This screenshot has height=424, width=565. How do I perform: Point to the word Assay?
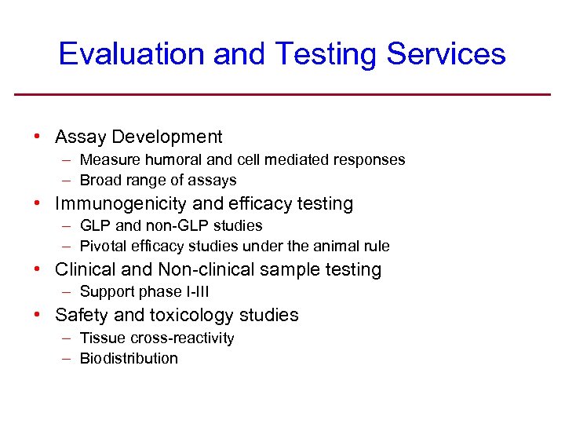(x=81, y=137)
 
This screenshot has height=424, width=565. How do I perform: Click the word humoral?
(x=172, y=160)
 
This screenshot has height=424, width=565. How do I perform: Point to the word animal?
(x=339, y=247)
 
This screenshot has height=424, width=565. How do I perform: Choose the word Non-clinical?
(x=207, y=270)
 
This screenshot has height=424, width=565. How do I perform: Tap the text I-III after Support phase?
(x=196, y=292)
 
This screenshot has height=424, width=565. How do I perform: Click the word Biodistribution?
(x=129, y=359)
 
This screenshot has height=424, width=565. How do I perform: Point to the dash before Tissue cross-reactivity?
(x=67, y=338)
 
